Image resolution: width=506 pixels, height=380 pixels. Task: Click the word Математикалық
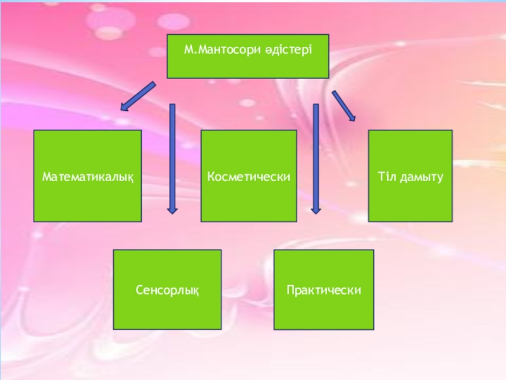click(88, 177)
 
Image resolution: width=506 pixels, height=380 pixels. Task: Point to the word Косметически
click(249, 177)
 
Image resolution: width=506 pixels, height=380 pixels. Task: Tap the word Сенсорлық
click(168, 290)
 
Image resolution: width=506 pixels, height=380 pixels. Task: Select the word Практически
click(324, 290)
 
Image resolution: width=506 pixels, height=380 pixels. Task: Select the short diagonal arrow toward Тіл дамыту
click(343, 104)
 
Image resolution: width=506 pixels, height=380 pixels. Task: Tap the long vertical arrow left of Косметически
click(172, 158)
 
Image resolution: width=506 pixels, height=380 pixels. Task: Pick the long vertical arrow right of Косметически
click(316, 158)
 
